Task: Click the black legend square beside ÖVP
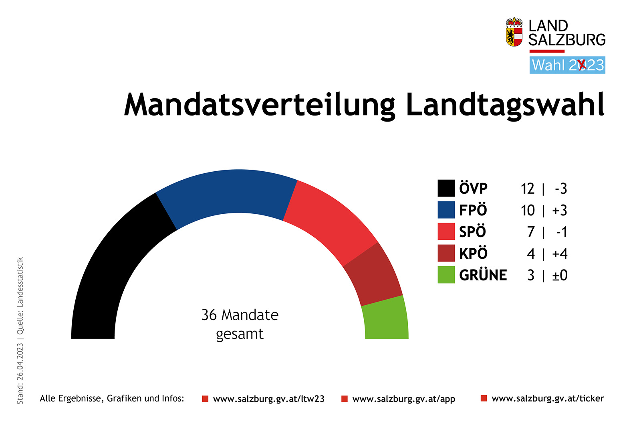[446, 188]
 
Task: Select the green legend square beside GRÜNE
[446, 275]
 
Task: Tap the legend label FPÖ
[473, 210]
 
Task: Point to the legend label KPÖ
[473, 253]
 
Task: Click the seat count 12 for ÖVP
[527, 189]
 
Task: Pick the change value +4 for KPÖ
[560, 254]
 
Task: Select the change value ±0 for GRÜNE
[560, 275]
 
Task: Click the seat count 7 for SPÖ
[531, 232]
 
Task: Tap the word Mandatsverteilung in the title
[259, 105]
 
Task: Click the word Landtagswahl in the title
[505, 105]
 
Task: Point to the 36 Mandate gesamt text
[240, 324]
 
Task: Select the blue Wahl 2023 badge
[567, 65]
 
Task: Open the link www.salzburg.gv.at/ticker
[547, 398]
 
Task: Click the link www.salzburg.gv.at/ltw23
[268, 399]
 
